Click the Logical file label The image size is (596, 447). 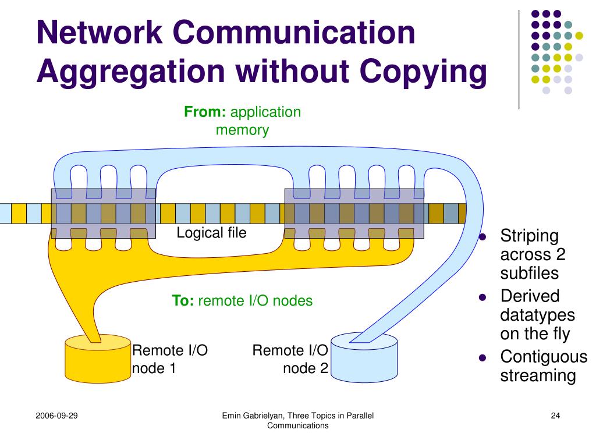211,233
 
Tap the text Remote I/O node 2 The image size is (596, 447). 290,359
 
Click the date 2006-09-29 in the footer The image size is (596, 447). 57,416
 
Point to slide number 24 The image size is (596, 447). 555,416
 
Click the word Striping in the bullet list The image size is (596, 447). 529,237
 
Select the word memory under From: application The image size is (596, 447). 242,130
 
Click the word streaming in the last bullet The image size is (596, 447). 538,375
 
